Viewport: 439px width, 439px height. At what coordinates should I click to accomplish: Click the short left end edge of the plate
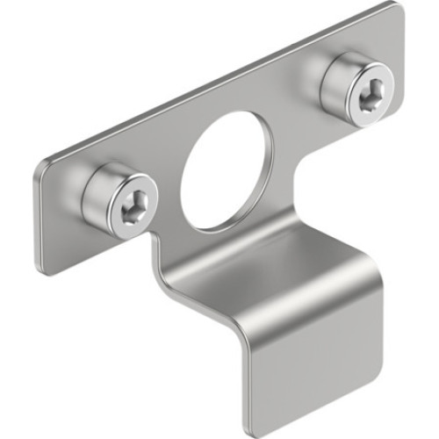click(40, 215)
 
